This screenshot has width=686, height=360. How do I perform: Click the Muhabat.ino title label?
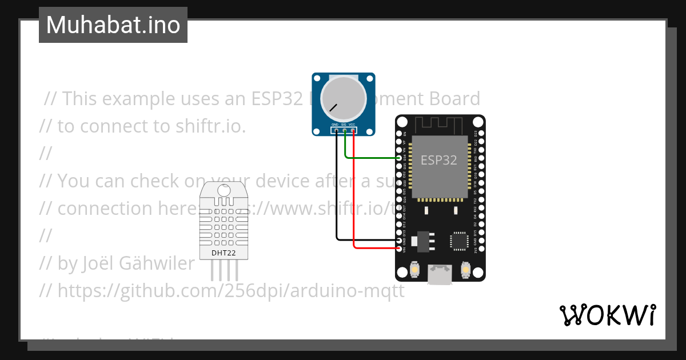coord(113,25)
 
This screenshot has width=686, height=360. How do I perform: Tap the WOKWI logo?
coord(607,315)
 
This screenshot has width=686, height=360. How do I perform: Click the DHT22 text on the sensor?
coord(224,253)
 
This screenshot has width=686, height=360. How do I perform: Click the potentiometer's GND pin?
coord(336,131)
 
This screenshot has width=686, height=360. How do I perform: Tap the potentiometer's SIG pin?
coord(345,131)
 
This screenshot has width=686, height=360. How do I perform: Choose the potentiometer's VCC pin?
coord(353,131)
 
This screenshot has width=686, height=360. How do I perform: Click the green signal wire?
coord(372,157)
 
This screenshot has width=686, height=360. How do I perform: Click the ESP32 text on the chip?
coord(439,161)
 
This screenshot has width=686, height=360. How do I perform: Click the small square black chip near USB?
coord(459,241)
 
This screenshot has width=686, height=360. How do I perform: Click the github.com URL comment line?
coord(222,291)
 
